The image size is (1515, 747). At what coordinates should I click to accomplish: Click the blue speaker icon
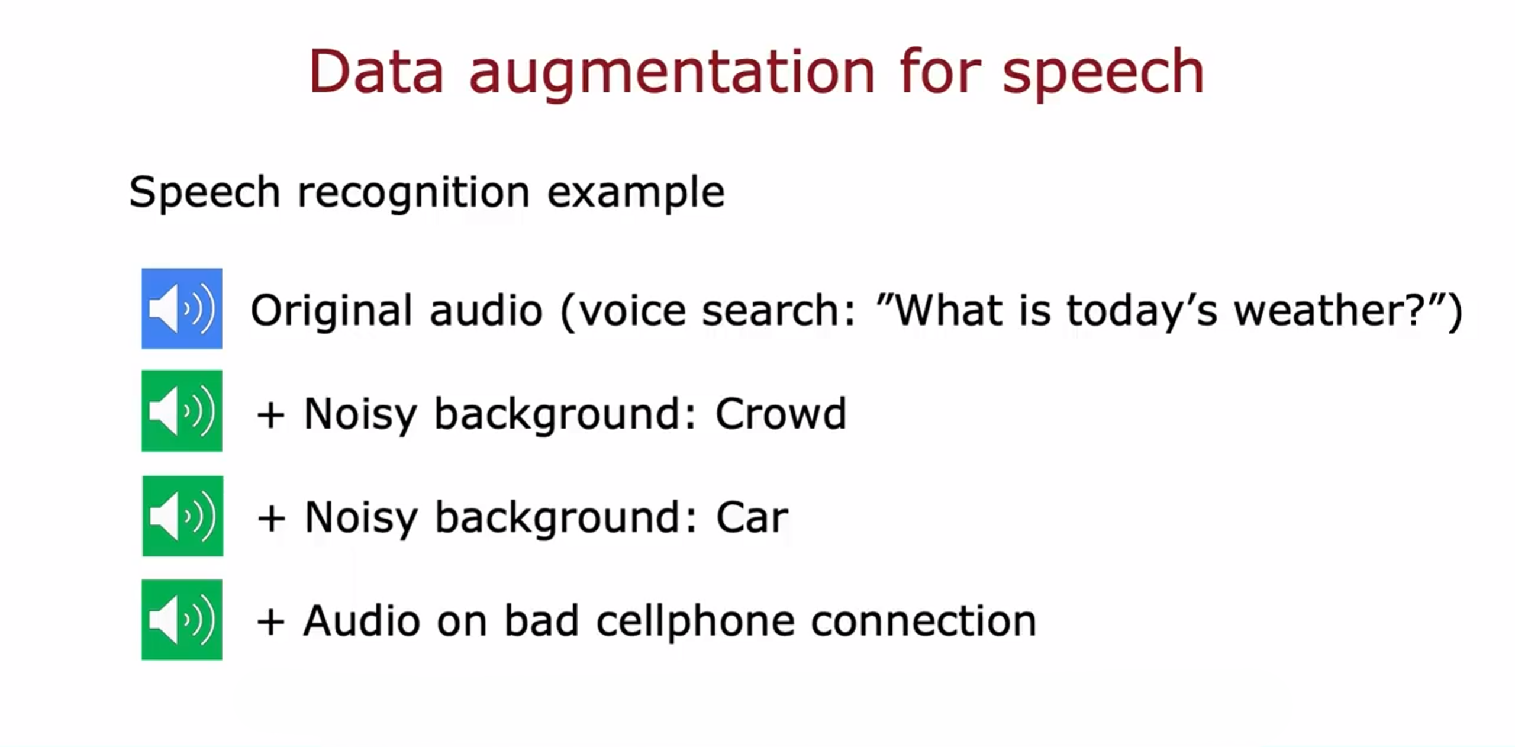point(182,308)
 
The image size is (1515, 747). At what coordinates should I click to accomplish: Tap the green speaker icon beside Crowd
point(182,411)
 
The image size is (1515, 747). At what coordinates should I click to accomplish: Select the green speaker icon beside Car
point(182,516)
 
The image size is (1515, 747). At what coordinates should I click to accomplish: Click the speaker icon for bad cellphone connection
point(182,620)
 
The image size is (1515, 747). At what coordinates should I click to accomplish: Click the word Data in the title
point(376,72)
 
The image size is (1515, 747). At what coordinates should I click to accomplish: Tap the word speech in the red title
point(1103,74)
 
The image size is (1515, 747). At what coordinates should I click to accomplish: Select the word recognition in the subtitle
point(413,193)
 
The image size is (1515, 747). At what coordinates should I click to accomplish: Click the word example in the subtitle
point(636,193)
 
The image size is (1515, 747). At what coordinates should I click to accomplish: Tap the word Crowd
point(781,414)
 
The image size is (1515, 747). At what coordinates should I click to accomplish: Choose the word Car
point(752,517)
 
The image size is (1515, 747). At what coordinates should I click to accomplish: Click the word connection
point(923,622)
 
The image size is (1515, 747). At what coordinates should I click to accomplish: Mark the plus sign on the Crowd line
point(271,415)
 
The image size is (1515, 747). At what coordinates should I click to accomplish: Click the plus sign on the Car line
point(272,519)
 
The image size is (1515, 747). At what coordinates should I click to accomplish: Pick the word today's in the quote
point(1142,310)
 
